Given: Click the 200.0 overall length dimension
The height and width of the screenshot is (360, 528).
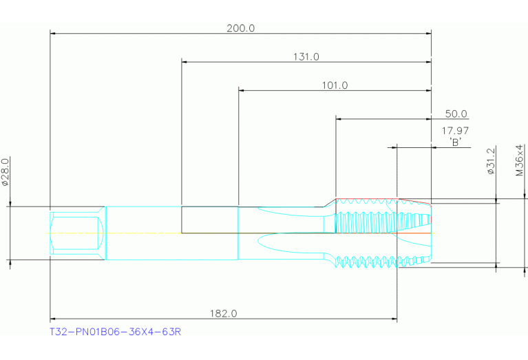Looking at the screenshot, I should pyautogui.click(x=240, y=28).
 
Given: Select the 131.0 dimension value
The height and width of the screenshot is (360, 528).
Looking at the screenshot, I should pyautogui.click(x=306, y=57).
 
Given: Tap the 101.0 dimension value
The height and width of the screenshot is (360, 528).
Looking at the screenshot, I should pyautogui.click(x=335, y=85).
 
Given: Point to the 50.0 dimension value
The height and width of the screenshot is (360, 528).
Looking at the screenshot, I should pyautogui.click(x=456, y=114).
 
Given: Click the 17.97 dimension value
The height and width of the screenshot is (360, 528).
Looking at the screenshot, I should pyautogui.click(x=455, y=130).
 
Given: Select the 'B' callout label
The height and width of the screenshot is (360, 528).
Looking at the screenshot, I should pyautogui.click(x=455, y=142).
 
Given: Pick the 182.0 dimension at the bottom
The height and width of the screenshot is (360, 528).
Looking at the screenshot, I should pyautogui.click(x=223, y=313).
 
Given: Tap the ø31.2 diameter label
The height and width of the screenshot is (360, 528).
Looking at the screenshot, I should pyautogui.click(x=491, y=161).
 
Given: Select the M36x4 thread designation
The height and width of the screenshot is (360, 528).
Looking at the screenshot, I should pyautogui.click(x=520, y=160).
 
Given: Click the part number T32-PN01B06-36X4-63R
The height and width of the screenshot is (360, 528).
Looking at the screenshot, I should pyautogui.click(x=115, y=332).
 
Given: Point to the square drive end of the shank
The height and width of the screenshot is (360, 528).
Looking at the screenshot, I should pyautogui.click(x=76, y=233).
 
